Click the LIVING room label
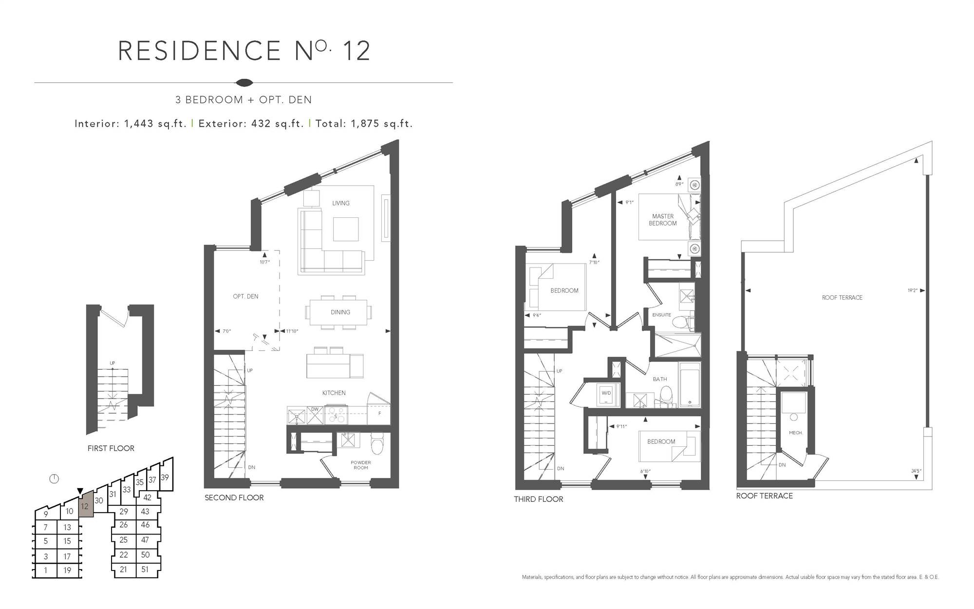click(x=341, y=203)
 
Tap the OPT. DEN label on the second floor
click(x=245, y=296)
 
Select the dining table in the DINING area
click(x=340, y=312)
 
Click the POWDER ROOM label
click(x=361, y=465)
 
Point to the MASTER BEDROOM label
click(x=663, y=220)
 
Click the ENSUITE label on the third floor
click(x=661, y=315)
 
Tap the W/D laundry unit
click(x=606, y=393)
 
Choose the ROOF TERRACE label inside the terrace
click(x=842, y=298)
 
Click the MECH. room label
click(x=795, y=433)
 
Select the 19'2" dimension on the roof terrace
click(x=912, y=290)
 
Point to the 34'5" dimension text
click(x=916, y=471)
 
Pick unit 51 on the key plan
click(x=145, y=569)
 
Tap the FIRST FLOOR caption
click(x=111, y=448)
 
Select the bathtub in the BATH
click(x=689, y=384)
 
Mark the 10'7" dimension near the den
click(x=265, y=262)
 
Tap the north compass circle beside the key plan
click(x=54, y=478)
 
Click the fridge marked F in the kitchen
click(x=379, y=413)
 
